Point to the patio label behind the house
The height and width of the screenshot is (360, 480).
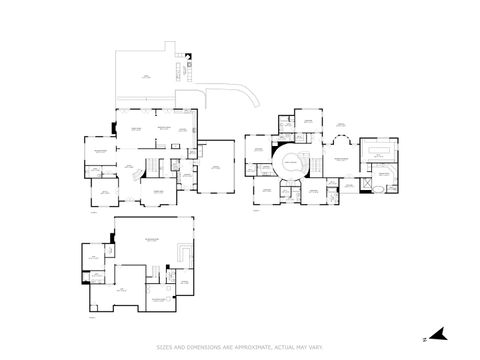click(x=146, y=75)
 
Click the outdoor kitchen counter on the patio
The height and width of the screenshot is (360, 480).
click(x=184, y=71)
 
